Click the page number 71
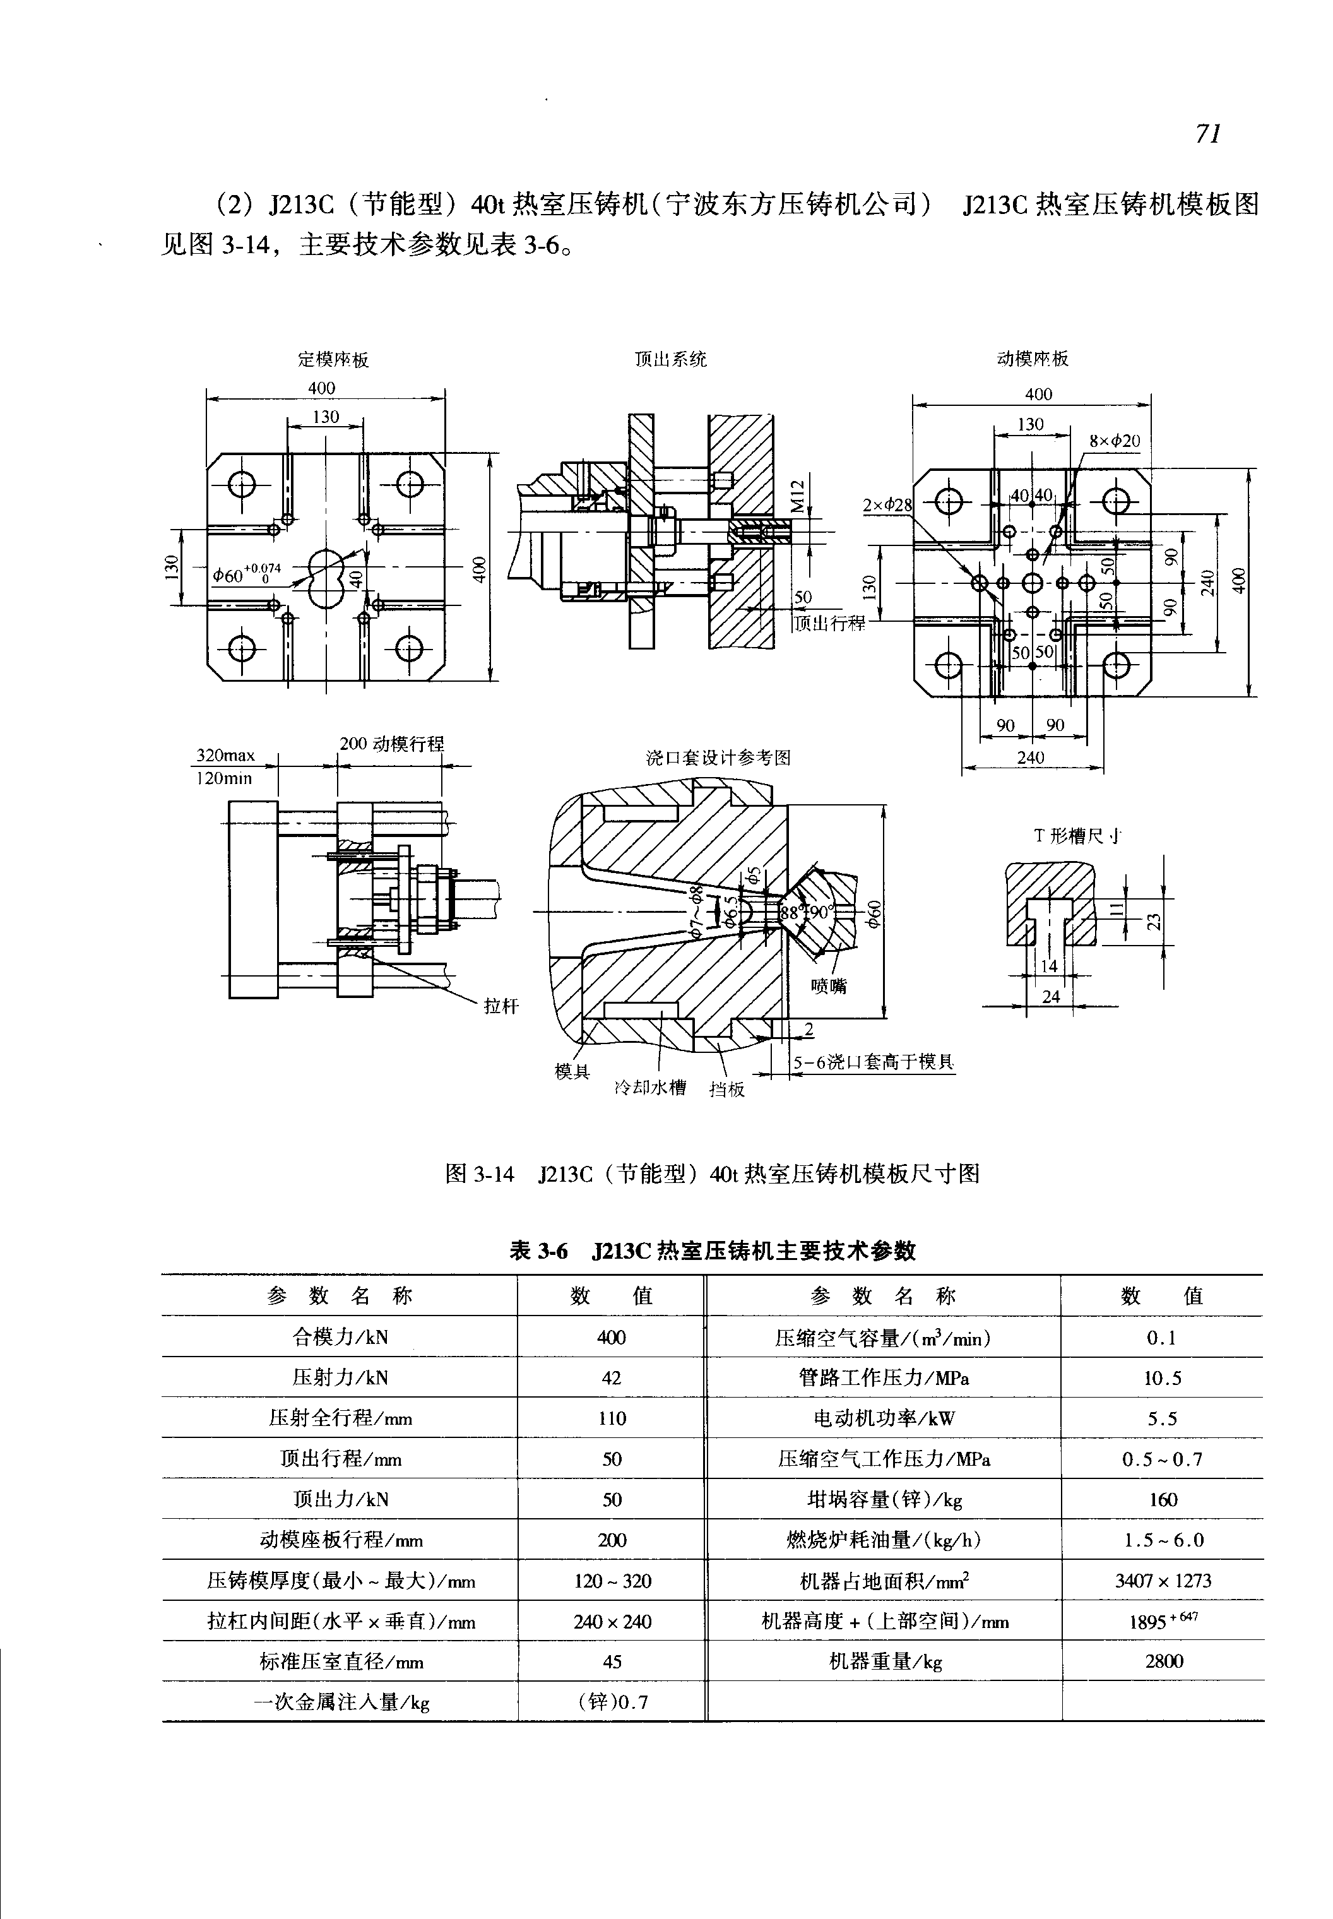click(x=1208, y=134)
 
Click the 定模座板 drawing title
click(x=333, y=360)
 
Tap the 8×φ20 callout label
click(x=1115, y=440)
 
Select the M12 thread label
click(x=798, y=496)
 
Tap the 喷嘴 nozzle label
click(x=829, y=986)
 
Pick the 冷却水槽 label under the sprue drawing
click(x=650, y=1087)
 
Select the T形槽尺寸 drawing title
click(x=1077, y=835)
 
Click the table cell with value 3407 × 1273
click(x=1163, y=1581)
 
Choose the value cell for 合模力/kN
click(x=612, y=1338)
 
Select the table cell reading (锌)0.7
click(x=612, y=1702)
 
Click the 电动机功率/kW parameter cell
click(x=884, y=1418)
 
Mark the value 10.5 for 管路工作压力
click(x=1163, y=1379)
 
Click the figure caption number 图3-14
click(x=480, y=1173)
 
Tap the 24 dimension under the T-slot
click(x=1051, y=997)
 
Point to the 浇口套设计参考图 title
click(x=718, y=757)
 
